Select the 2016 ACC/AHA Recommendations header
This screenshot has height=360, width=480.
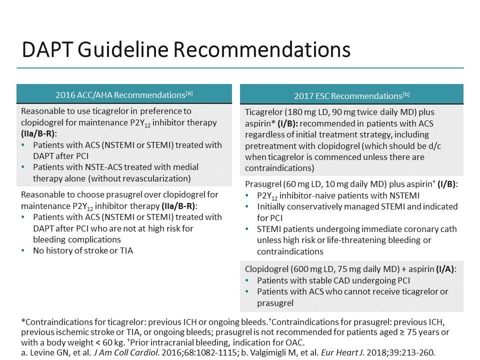[x=124, y=94]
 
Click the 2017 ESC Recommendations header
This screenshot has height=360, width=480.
[x=351, y=95]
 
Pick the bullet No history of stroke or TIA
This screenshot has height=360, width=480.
[x=83, y=250]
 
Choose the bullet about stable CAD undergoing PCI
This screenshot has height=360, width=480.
[x=333, y=280]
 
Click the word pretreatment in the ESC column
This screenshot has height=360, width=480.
[x=270, y=146]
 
